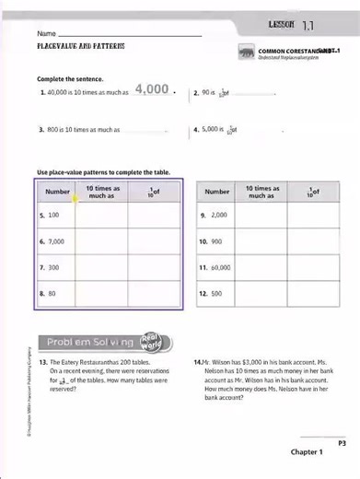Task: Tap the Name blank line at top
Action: click(x=129, y=35)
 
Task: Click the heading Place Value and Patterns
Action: click(x=81, y=46)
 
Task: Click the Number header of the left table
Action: click(x=57, y=192)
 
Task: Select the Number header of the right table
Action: click(x=217, y=192)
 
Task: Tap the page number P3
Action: click(x=341, y=443)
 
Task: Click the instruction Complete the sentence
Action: click(x=70, y=79)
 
